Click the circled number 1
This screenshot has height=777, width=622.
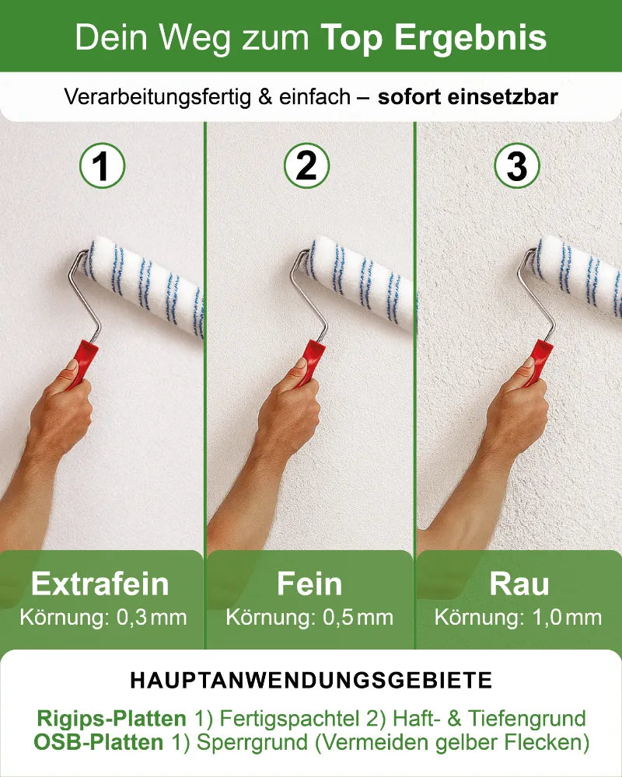[x=102, y=166]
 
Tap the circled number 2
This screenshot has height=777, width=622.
[x=307, y=166]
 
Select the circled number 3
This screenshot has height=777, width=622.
[x=517, y=166]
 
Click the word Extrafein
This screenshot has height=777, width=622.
[x=100, y=584]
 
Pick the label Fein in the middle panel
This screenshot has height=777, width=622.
[x=309, y=584]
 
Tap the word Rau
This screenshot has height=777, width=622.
[x=519, y=584]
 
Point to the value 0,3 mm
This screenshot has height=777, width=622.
[x=152, y=618]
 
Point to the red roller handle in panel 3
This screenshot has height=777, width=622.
[x=538, y=361]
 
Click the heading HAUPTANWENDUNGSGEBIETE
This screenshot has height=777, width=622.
[x=311, y=681]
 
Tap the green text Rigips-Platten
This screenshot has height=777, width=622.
[x=111, y=719]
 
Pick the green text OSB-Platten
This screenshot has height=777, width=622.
[x=99, y=743]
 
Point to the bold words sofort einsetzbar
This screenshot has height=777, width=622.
[x=468, y=98]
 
